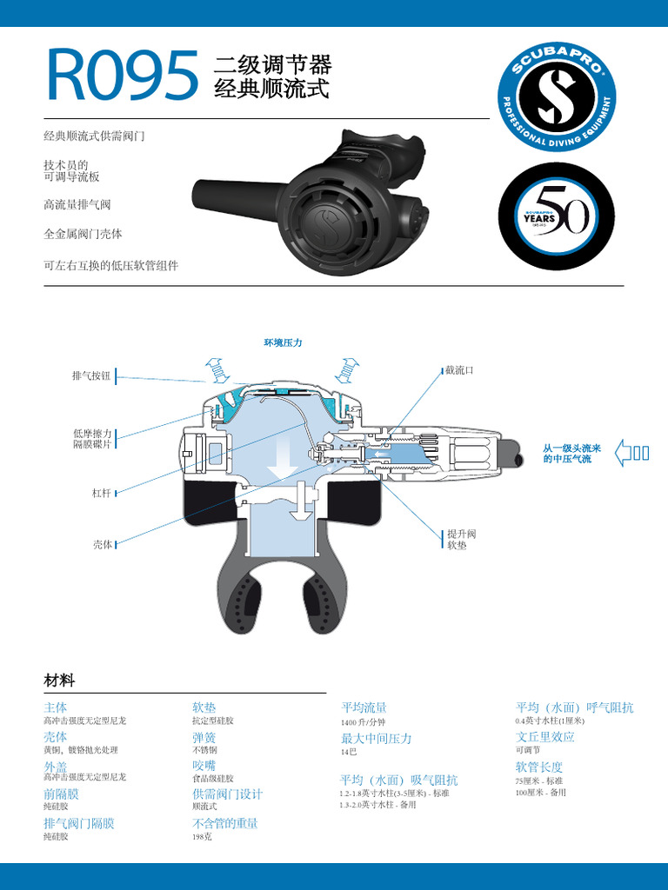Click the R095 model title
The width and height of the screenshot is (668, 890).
pos(121,76)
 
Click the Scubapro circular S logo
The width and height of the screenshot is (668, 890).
pos(557,96)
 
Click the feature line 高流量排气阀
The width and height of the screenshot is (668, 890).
pos(77,205)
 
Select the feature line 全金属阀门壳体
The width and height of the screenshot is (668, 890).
pos(83,235)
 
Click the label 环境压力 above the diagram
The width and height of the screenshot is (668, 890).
pos(283,343)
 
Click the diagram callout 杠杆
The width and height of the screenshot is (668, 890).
pos(102,493)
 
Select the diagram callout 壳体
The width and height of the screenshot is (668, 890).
pos(102,544)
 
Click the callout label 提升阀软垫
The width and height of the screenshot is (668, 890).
pos(461,539)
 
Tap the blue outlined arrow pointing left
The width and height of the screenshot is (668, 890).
pos(631,452)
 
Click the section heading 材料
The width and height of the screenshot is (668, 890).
pos(59,680)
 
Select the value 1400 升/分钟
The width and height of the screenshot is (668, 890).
pos(363,722)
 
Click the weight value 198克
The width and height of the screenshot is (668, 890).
pos(202,837)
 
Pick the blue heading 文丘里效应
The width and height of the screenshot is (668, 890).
pos(544,737)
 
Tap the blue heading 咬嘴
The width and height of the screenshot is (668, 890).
pos(204,765)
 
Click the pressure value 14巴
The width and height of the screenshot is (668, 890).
pos(349,752)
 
